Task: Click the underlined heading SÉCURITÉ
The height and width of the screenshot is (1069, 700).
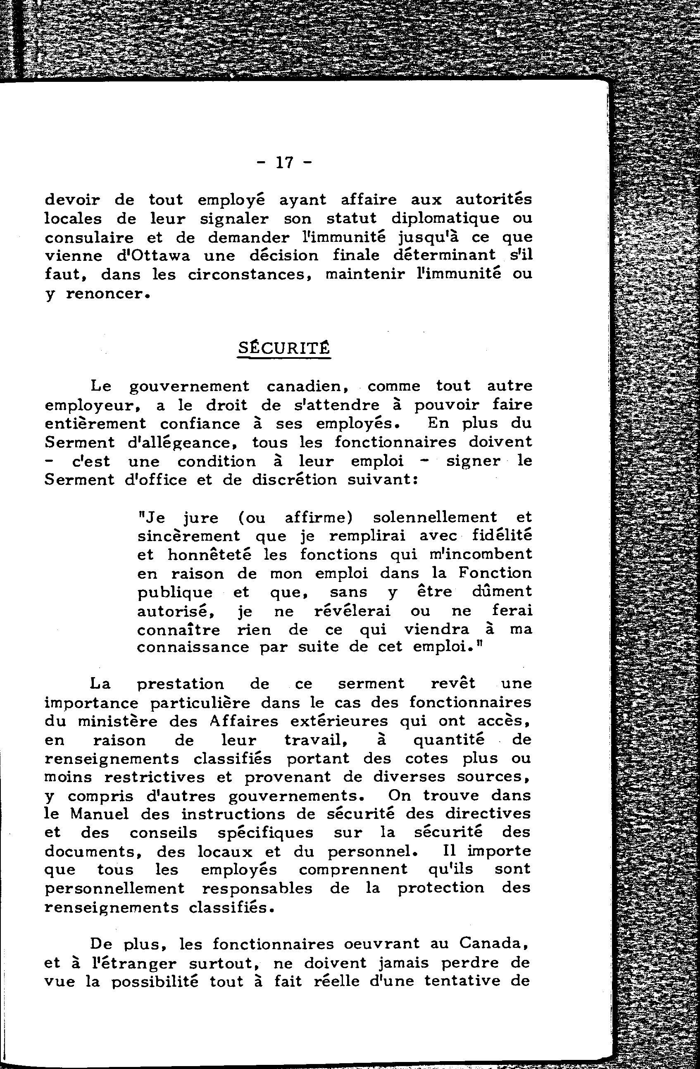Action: click(x=283, y=348)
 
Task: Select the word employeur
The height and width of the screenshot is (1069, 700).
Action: click(x=94, y=406)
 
